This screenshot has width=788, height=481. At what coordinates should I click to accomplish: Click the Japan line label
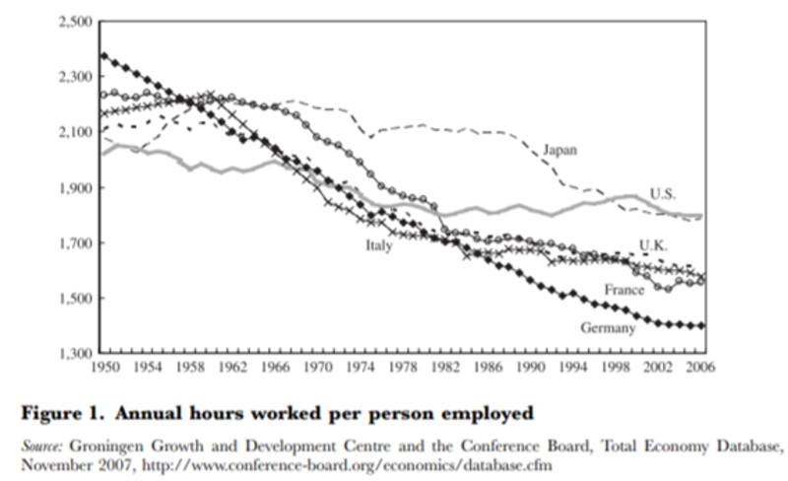tap(559, 150)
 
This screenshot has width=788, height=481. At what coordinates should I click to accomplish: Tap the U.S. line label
tap(663, 193)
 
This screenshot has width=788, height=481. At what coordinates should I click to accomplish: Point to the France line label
tap(624, 290)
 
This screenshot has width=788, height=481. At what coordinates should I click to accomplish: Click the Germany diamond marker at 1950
tap(102, 54)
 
